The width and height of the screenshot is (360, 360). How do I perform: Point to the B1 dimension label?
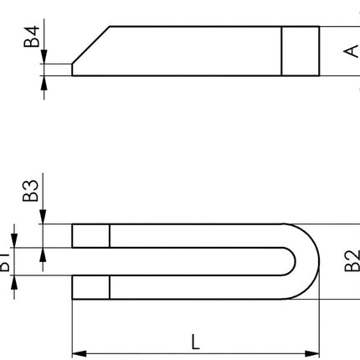pyautogui.click(x=5, y=265)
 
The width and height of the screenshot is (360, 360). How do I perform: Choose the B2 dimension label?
pyautogui.click(x=351, y=260)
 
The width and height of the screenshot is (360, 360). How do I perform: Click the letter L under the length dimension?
pyautogui.click(x=195, y=341)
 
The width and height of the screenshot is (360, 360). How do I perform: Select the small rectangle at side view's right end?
pyautogui.click(x=300, y=51)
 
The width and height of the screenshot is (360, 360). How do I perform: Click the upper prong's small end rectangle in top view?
pyautogui.click(x=90, y=235)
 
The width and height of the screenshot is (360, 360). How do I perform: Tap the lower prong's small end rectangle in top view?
pyautogui.click(x=90, y=286)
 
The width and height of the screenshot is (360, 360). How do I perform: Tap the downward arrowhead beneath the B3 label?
pyautogui.click(x=40, y=219)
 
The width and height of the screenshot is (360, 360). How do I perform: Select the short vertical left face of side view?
pyautogui.click(x=72, y=69)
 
